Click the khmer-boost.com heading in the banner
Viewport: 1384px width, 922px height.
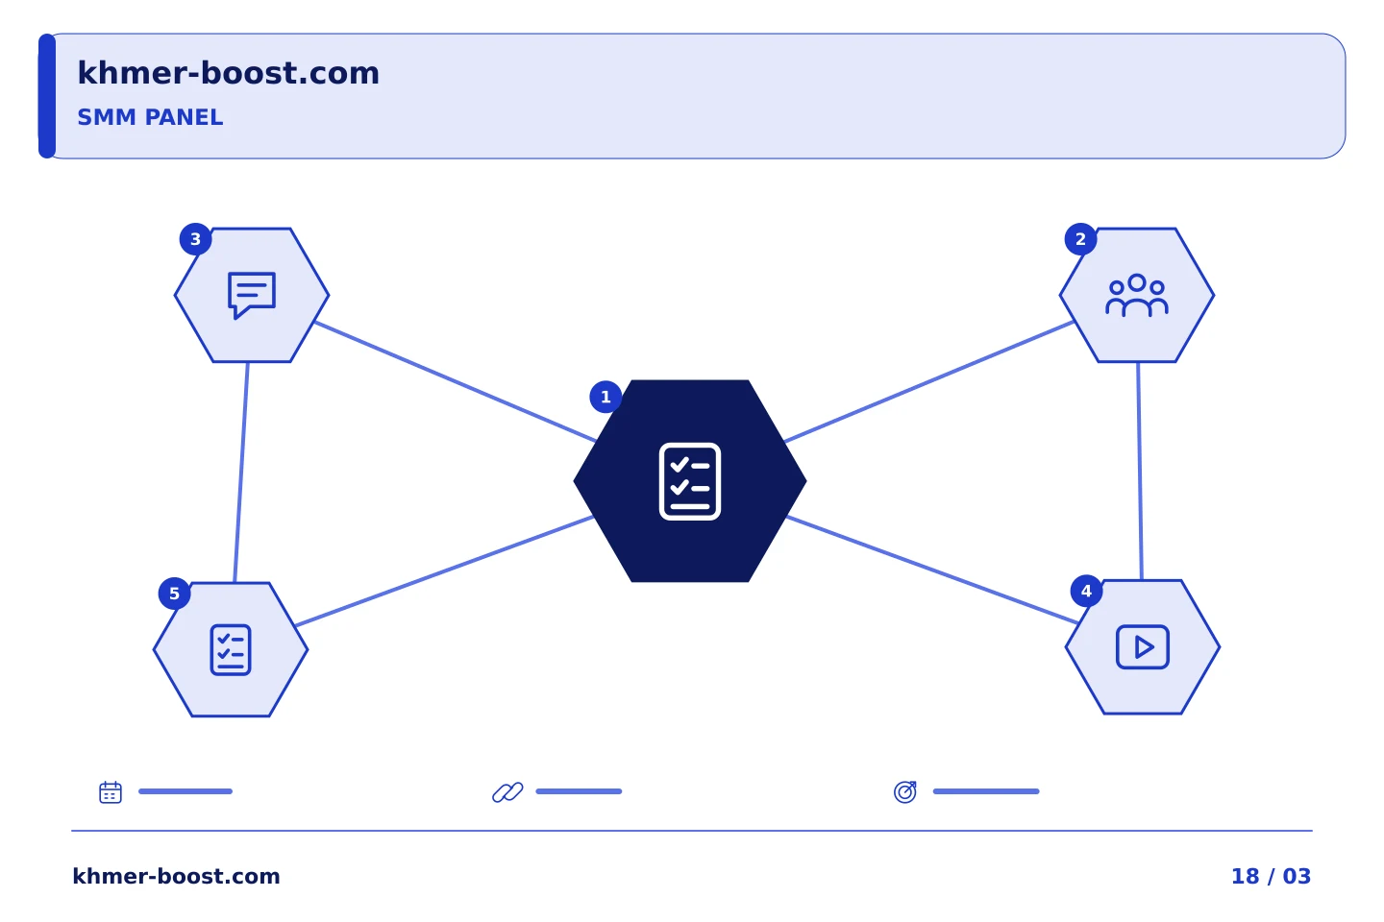(228, 73)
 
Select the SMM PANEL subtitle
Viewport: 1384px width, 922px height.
(150, 117)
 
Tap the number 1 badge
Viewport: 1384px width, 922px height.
(605, 397)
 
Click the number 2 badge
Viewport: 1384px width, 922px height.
(1080, 239)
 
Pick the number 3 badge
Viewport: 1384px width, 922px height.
(196, 239)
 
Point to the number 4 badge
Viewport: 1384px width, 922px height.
(1086, 591)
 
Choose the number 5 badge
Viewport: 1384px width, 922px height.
(174, 594)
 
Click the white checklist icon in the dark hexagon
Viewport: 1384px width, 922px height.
(689, 481)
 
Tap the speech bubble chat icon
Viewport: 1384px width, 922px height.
(252, 295)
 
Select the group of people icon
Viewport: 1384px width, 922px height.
(1137, 295)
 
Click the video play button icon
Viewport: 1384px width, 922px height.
(1143, 646)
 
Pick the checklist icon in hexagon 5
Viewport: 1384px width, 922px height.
(231, 649)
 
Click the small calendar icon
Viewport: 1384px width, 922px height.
(111, 791)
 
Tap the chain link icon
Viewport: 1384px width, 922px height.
(507, 791)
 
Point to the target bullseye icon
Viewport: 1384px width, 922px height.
(905, 791)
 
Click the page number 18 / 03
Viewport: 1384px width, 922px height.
(1271, 876)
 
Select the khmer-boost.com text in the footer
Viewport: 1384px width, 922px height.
(176, 876)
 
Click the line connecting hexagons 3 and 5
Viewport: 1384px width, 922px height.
(241, 473)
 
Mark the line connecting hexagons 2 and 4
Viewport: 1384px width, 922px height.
(1140, 472)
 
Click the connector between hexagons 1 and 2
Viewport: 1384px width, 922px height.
(928, 381)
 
